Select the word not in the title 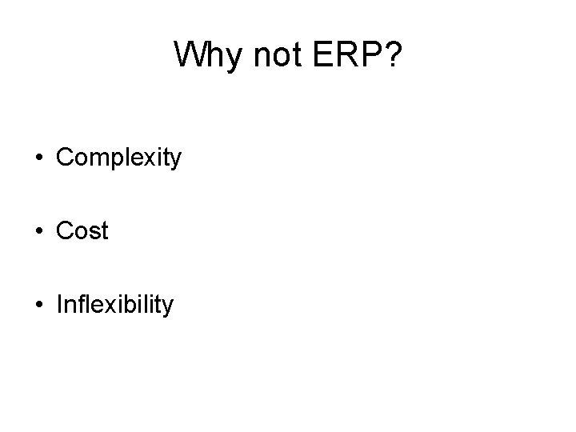click(x=270, y=55)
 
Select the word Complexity click(x=119, y=158)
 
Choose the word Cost click(x=82, y=231)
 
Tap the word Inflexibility click(x=114, y=305)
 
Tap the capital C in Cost click(x=64, y=231)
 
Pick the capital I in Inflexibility click(x=59, y=304)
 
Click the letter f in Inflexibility click(x=78, y=304)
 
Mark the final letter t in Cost click(x=104, y=231)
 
